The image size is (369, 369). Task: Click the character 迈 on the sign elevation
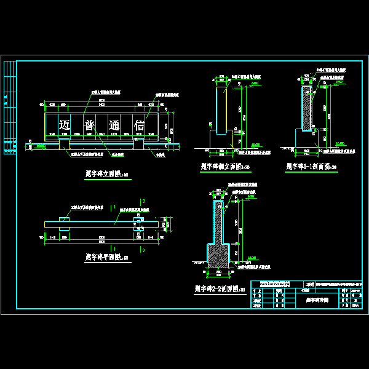click(x=65, y=125)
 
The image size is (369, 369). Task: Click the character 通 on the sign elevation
click(x=116, y=125)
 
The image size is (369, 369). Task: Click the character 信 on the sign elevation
click(x=141, y=125)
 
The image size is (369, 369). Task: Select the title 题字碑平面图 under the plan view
click(x=103, y=257)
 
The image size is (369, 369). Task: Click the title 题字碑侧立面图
click(x=224, y=166)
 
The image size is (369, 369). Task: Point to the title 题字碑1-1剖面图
click(x=311, y=166)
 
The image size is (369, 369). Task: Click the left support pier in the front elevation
click(x=64, y=143)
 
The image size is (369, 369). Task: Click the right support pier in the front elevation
click(x=140, y=143)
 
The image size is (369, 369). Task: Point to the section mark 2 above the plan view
click(x=143, y=201)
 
